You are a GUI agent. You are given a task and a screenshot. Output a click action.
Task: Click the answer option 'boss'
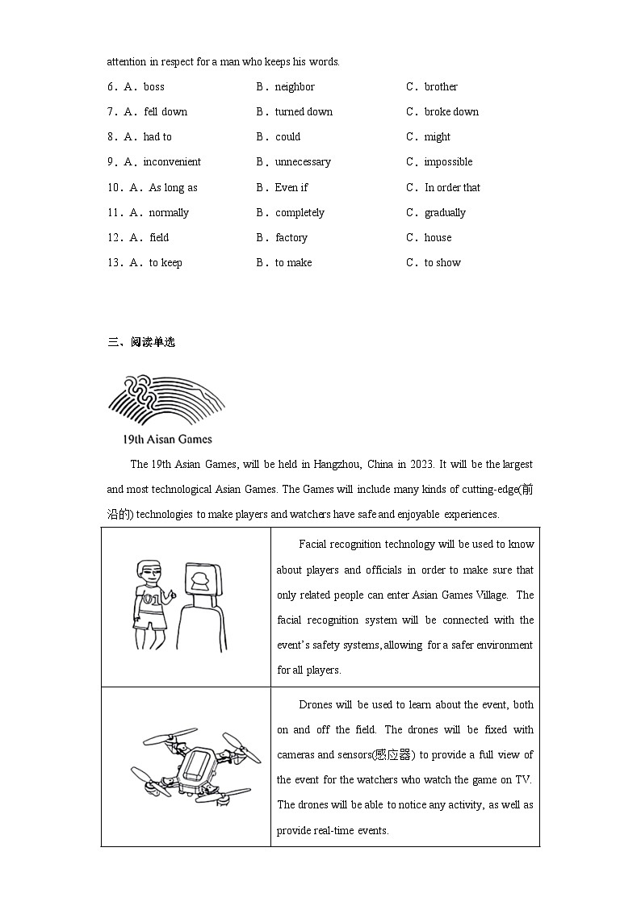153,87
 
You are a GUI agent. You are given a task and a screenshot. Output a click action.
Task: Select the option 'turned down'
304,112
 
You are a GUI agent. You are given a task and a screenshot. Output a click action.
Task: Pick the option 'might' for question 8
438,137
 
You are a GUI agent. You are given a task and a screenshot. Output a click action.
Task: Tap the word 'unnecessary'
303,162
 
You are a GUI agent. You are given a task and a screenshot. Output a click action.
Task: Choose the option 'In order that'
452,188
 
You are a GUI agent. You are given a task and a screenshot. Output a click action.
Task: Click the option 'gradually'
445,213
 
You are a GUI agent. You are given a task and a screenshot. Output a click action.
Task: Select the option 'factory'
291,238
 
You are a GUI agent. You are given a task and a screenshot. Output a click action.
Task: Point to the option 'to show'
442,263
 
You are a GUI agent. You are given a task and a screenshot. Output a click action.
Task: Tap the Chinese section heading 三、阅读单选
141,342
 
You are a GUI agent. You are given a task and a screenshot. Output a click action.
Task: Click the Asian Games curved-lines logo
165,401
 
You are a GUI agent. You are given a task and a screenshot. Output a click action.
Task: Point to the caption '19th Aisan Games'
167,440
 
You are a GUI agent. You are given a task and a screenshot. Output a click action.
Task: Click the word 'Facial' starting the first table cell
315,545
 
